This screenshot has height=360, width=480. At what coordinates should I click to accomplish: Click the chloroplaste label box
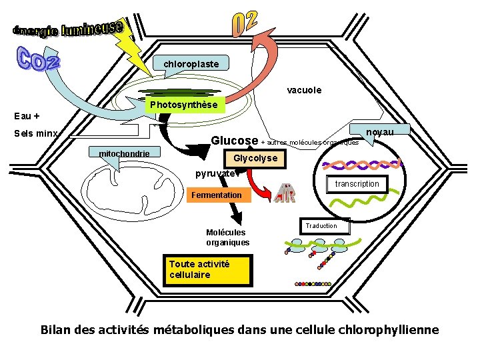click(191, 63)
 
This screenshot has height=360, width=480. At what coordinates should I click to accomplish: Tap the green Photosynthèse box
click(183, 105)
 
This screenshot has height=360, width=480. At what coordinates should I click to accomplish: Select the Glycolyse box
click(255, 159)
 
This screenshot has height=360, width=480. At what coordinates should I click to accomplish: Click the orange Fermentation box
click(217, 195)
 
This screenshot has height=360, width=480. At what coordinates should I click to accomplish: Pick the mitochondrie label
click(125, 154)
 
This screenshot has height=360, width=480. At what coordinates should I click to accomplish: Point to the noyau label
click(380, 133)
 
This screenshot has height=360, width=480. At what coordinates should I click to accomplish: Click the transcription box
click(357, 184)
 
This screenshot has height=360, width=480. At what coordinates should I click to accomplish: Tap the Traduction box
click(321, 226)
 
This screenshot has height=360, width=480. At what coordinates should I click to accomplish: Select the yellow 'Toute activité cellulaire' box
click(209, 269)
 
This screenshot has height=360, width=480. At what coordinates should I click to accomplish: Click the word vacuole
click(304, 90)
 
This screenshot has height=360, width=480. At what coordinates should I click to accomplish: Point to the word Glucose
click(235, 141)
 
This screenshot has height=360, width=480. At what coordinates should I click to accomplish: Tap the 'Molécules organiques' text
click(227, 237)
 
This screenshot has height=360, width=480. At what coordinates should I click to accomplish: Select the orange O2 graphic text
click(244, 23)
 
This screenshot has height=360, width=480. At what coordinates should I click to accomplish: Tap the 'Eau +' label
click(27, 115)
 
